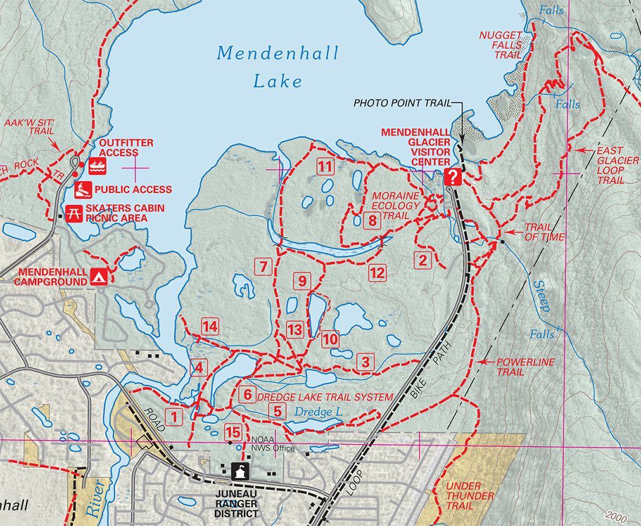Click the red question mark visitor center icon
click(452, 176)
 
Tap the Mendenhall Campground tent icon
click(99, 277)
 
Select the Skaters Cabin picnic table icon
click(74, 213)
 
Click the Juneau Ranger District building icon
click(240, 471)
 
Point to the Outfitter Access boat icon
click(97, 167)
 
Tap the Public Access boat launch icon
click(82, 190)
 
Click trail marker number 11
click(324, 167)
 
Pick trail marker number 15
click(233, 432)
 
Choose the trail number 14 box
click(210, 326)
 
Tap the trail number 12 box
click(377, 273)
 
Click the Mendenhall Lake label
click(278, 66)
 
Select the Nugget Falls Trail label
click(501, 45)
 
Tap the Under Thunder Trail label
click(469, 496)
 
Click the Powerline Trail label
click(518, 366)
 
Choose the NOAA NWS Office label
click(272, 444)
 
